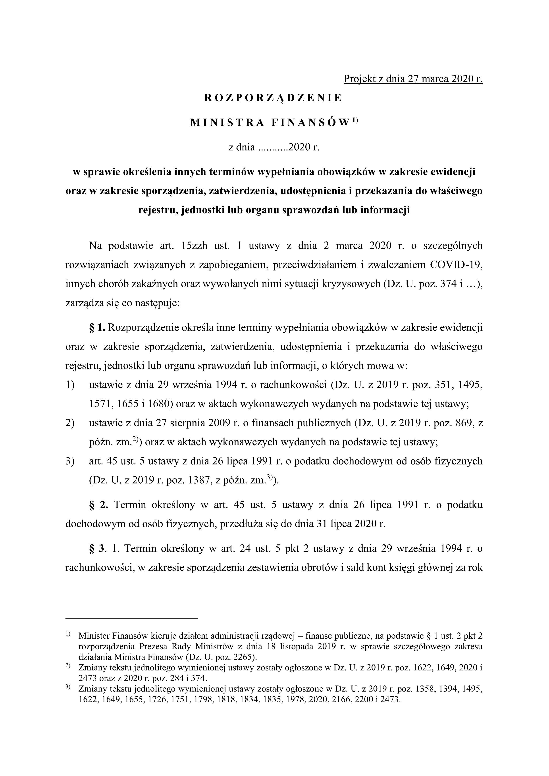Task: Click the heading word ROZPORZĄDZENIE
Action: [273, 98]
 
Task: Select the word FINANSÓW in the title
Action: [310, 123]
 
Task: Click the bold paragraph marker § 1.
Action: [98, 328]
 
